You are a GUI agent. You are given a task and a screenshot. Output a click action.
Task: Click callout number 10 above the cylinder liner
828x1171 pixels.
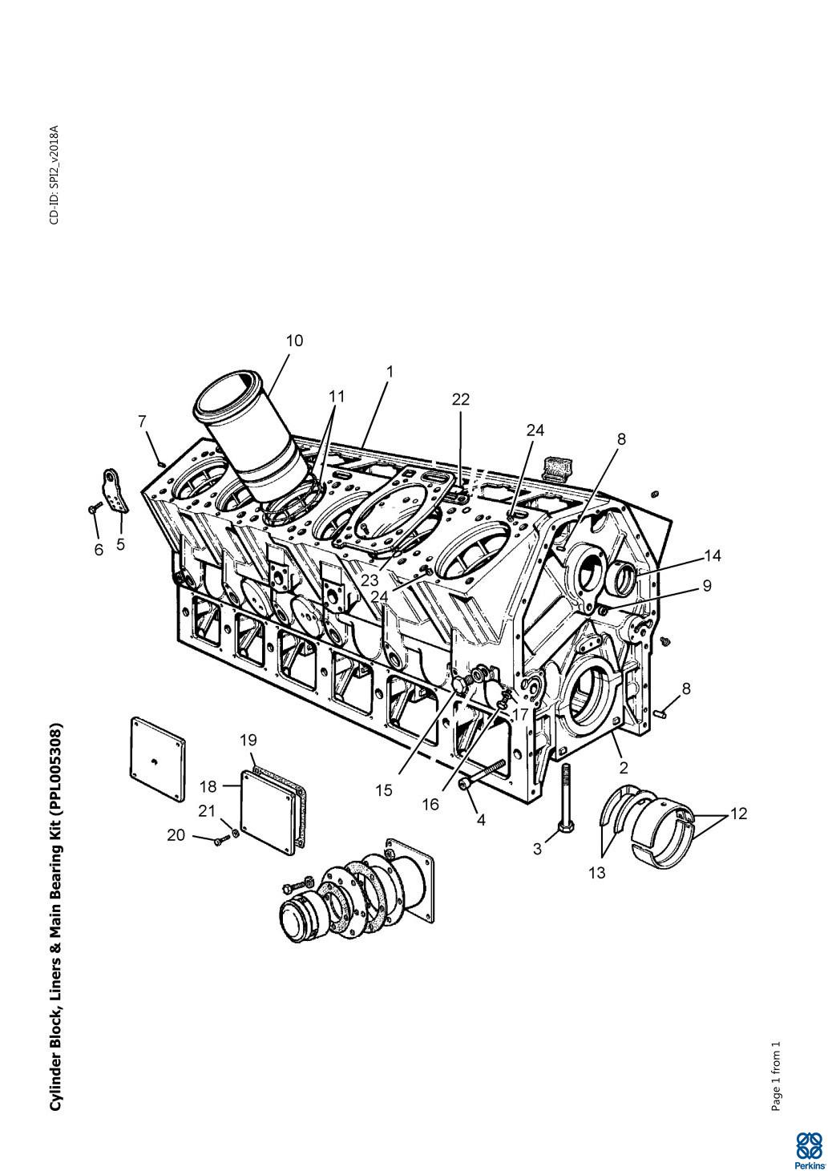[x=294, y=341]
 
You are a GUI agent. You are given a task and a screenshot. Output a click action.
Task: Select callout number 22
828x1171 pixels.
[x=461, y=399]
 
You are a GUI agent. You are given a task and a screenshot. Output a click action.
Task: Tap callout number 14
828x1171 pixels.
[x=713, y=555]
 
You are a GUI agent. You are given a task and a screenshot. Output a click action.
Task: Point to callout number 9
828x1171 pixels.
[x=707, y=585]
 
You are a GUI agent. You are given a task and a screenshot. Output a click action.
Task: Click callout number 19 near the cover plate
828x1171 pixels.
[x=248, y=740]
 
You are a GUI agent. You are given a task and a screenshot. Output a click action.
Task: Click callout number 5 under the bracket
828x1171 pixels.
[x=121, y=544]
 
